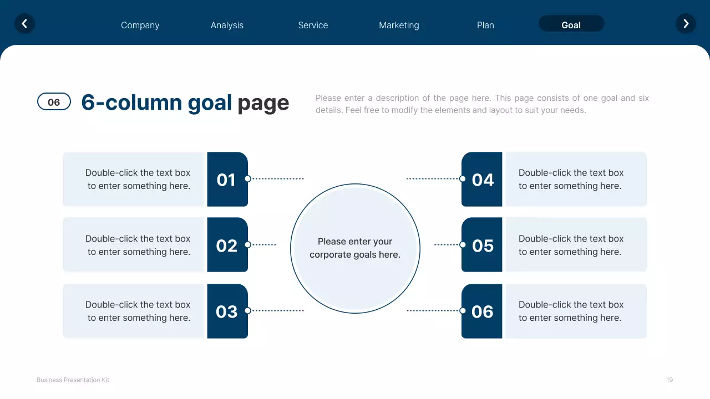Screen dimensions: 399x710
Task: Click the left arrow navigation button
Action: (24, 24)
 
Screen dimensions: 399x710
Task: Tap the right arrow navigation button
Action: (686, 24)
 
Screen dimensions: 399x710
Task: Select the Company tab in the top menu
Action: (140, 25)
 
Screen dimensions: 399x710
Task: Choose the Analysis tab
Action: (227, 25)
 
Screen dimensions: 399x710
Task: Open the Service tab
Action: (313, 25)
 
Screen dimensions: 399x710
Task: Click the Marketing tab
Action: (399, 25)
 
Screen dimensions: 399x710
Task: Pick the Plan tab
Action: (485, 25)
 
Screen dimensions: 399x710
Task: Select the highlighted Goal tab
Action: (571, 24)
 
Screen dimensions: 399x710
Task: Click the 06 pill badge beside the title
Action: (54, 102)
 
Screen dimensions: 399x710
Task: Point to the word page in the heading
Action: (263, 103)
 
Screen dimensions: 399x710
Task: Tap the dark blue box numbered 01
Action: (227, 180)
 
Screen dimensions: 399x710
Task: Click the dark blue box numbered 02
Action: (227, 245)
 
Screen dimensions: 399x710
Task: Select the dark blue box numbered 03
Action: (227, 311)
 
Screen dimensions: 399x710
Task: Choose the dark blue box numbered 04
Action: (482, 180)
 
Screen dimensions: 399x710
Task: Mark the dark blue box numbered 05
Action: (482, 245)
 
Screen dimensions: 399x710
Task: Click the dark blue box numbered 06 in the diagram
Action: (482, 311)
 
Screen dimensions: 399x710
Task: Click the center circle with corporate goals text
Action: (355, 248)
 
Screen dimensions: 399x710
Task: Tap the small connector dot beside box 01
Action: (248, 178)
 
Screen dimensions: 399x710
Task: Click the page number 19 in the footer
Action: (670, 380)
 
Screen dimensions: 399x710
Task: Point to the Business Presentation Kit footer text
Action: (73, 380)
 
